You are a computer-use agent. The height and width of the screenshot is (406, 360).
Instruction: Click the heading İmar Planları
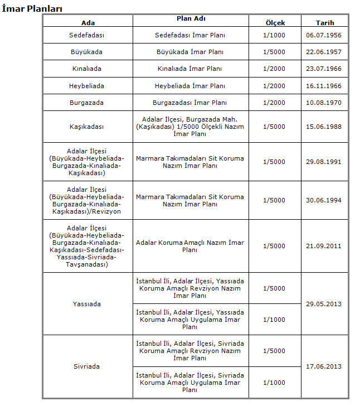[32, 8]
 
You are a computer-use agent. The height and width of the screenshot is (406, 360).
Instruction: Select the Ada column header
[87, 22]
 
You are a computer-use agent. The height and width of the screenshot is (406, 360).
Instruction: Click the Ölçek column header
[275, 22]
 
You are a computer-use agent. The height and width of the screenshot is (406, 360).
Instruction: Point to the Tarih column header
[325, 22]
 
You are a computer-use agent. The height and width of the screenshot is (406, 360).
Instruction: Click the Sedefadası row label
[87, 35]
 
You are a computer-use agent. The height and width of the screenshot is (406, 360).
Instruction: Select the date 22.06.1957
[324, 52]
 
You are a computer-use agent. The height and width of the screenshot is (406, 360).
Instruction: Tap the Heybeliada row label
[87, 86]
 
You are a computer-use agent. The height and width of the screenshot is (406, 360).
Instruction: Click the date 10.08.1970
[324, 103]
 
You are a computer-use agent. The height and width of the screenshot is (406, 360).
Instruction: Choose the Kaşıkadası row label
[87, 127]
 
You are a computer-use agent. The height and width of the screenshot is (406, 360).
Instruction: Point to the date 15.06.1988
[324, 127]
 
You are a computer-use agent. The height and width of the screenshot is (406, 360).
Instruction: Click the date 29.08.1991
[324, 162]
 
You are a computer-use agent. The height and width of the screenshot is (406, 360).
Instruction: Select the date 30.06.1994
[324, 200]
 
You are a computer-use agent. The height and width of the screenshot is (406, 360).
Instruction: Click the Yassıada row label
[87, 304]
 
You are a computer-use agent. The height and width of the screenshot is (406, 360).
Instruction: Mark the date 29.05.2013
[324, 304]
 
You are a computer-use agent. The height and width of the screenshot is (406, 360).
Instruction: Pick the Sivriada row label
[87, 366]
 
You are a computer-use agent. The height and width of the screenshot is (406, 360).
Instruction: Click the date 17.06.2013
[324, 366]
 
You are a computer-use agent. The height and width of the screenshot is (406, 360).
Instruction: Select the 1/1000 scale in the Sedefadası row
[274, 35]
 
